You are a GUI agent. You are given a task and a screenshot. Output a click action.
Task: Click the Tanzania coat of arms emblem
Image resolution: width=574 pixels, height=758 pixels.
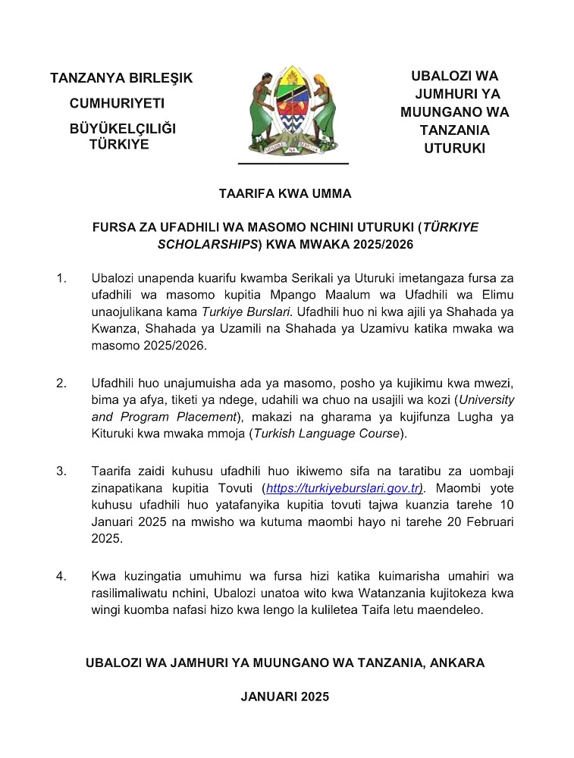point(293,111)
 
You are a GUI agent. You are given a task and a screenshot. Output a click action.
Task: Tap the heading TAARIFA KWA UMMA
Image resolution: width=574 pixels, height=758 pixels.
point(285,194)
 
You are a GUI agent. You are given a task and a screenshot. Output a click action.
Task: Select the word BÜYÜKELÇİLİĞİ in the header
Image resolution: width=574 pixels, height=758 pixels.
point(122,129)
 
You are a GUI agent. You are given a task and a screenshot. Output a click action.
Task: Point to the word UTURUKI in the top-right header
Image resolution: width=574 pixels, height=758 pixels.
point(454,149)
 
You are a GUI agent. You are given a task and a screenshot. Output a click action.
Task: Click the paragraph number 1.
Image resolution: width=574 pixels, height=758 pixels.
point(61,279)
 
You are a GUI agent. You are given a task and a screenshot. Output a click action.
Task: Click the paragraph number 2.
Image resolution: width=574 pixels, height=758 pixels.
point(61,383)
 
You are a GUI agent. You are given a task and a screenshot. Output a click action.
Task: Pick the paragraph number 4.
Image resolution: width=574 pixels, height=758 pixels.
point(61,576)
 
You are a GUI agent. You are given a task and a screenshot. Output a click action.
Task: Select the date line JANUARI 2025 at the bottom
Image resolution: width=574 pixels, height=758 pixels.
point(285,697)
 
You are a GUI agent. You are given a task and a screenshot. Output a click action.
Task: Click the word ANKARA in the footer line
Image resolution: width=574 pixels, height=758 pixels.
point(457,662)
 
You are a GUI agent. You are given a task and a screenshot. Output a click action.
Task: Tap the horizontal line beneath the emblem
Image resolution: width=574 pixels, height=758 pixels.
point(293,163)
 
